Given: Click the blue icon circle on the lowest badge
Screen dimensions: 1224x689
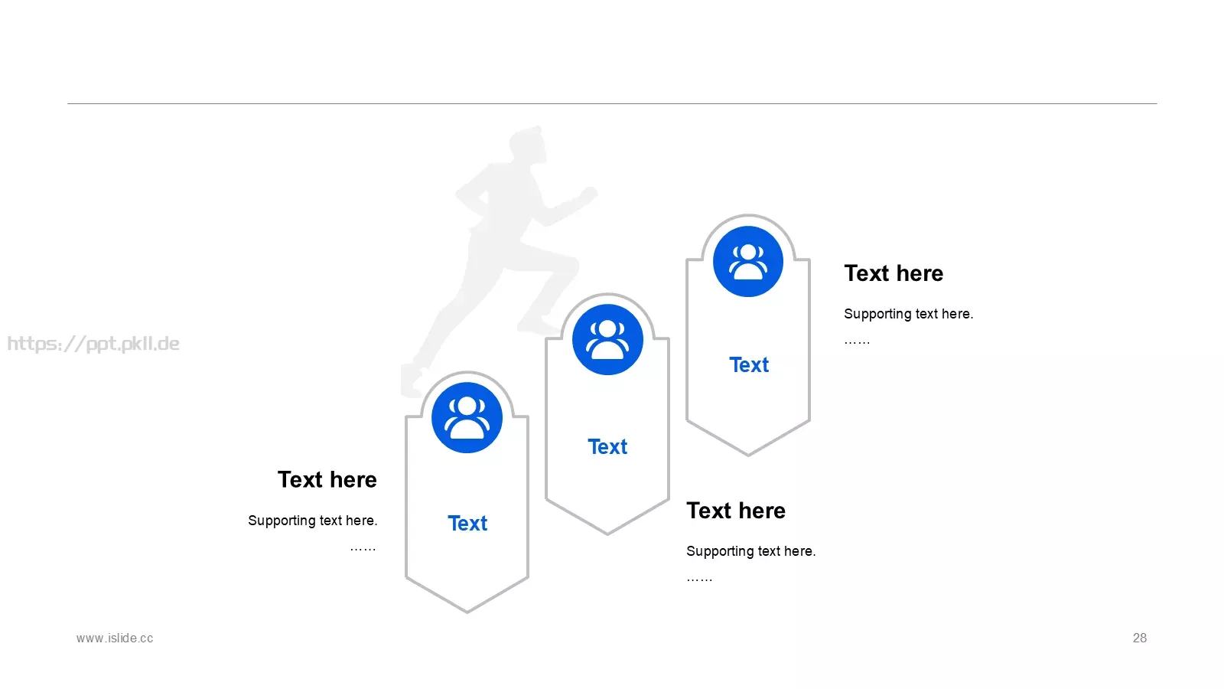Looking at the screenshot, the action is click(x=467, y=418).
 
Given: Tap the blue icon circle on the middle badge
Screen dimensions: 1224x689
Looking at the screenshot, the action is click(x=607, y=340).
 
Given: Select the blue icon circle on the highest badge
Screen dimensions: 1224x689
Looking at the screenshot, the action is click(x=748, y=261).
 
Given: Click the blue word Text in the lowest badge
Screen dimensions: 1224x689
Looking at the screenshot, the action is click(x=467, y=524).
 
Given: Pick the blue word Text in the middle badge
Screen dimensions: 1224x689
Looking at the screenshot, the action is click(x=607, y=447).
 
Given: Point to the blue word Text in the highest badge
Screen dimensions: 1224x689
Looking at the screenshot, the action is click(x=749, y=364).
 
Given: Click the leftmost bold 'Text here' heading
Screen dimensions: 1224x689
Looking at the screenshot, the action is click(x=327, y=479).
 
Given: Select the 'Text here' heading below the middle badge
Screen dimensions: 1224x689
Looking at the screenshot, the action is click(x=736, y=511).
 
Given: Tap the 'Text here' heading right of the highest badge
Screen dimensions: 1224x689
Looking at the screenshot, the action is click(x=894, y=273).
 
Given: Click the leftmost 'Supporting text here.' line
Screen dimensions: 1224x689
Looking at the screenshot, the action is click(x=313, y=521).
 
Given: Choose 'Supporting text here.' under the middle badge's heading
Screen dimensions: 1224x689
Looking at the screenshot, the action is click(x=750, y=551).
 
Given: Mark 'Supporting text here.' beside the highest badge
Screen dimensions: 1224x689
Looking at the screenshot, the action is click(x=908, y=314).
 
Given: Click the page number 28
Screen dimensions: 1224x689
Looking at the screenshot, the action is click(x=1139, y=638).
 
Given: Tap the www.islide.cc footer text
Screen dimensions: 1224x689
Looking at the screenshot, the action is click(x=115, y=638).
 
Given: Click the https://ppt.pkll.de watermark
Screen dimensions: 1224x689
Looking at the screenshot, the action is click(x=93, y=344).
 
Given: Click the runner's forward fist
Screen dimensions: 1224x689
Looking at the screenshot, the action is click(x=588, y=194).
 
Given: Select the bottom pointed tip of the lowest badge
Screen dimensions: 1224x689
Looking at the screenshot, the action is click(x=467, y=612).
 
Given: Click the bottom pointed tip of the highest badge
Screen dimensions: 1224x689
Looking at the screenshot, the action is click(x=748, y=455).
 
